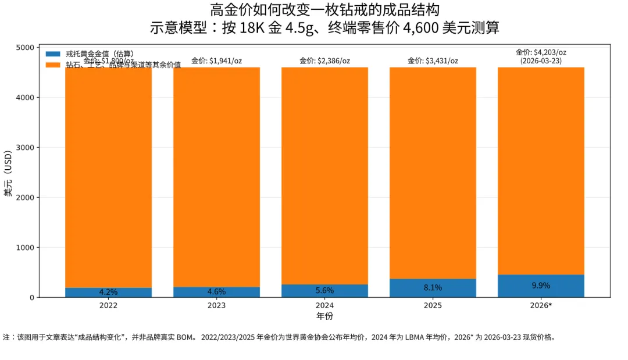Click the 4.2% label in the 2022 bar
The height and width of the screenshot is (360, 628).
click(108, 292)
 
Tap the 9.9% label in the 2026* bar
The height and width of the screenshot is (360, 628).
click(541, 286)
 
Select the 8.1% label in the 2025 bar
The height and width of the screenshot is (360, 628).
click(433, 287)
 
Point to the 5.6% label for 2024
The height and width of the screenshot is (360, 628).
click(324, 291)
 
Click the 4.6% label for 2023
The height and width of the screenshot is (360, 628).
click(216, 292)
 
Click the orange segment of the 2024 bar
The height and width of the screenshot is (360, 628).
click(324, 174)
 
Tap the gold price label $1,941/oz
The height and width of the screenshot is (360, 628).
click(216, 60)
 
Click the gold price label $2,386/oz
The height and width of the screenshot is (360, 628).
click(324, 60)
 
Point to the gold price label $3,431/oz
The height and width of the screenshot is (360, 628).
click(433, 60)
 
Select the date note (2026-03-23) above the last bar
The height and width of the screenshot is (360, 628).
click(541, 60)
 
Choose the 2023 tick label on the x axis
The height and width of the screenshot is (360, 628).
click(216, 305)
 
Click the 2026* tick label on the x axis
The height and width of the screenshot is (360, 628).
click(541, 305)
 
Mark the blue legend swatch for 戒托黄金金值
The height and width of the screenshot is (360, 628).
click(53, 54)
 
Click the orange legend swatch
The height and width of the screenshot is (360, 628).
click(53, 65)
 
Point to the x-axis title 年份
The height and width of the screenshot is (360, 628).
click(324, 316)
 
